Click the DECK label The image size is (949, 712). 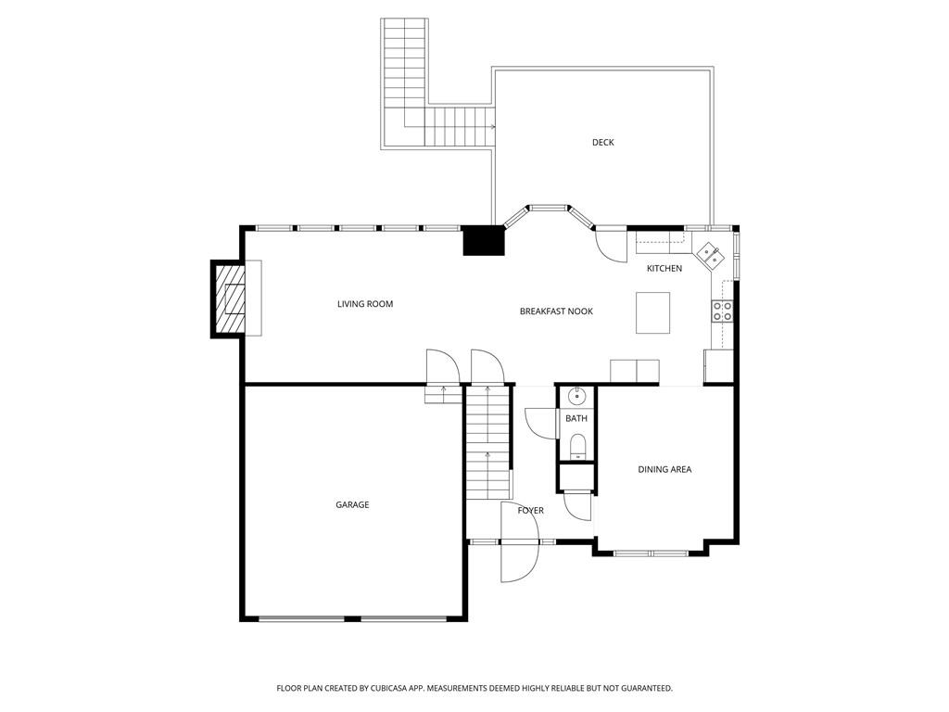(x=602, y=142)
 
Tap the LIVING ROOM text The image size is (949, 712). (x=365, y=304)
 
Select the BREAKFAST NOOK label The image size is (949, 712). (x=556, y=311)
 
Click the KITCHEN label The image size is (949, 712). (x=664, y=268)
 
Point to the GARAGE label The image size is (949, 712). (x=352, y=504)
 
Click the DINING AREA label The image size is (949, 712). (x=664, y=469)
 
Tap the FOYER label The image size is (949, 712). (x=531, y=511)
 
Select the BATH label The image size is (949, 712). (x=576, y=418)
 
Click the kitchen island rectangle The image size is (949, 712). (x=652, y=312)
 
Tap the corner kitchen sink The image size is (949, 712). (x=710, y=254)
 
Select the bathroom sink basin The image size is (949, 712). (x=576, y=397)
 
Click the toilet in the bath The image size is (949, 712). (x=577, y=446)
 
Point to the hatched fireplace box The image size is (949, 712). (x=228, y=299)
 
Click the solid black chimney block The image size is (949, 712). (x=484, y=240)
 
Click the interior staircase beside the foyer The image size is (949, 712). (x=487, y=441)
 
